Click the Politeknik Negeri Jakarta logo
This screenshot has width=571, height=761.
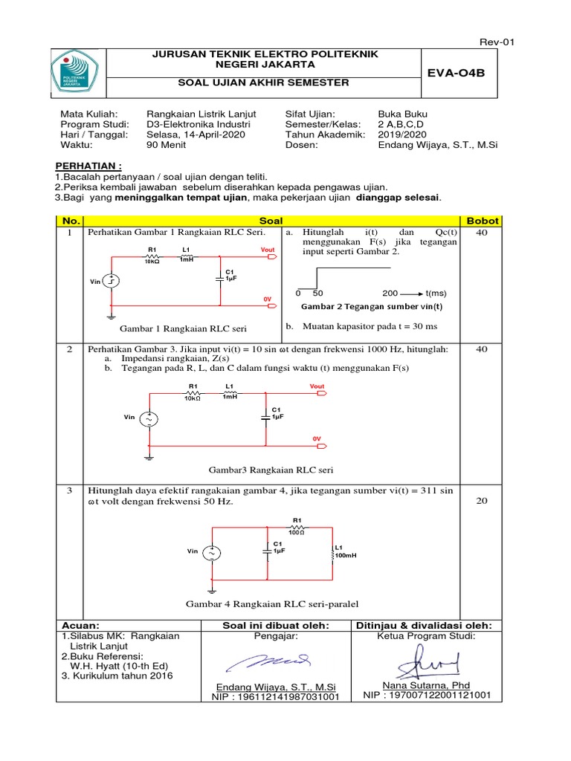[x=80, y=73]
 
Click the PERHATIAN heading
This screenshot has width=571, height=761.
[x=89, y=164]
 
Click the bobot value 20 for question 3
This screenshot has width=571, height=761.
[x=482, y=501]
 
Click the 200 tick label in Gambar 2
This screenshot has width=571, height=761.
[x=390, y=293]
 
